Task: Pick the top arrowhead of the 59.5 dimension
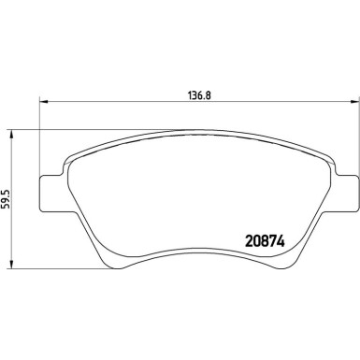[x=10, y=132]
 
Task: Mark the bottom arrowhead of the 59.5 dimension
[x=10, y=262]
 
